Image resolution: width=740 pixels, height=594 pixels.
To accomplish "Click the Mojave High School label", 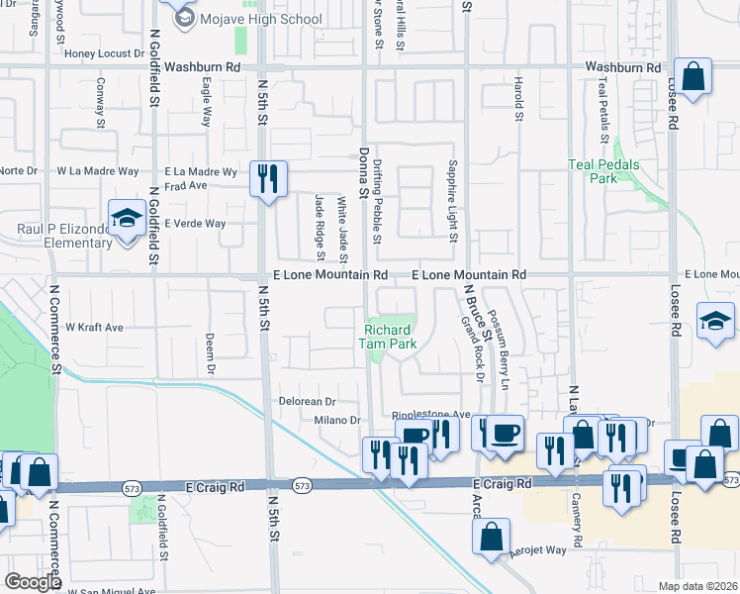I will [x=261, y=19].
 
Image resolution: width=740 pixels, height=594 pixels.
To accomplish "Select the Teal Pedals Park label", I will [x=603, y=171].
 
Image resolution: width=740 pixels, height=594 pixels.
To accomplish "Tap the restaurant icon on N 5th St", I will [x=268, y=178].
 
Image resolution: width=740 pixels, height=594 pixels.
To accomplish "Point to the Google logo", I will [x=33, y=582].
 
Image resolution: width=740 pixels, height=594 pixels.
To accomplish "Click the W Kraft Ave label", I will [x=94, y=327].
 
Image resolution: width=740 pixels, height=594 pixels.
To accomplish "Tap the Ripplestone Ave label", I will [x=431, y=415].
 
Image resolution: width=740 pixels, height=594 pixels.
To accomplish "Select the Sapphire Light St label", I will [x=452, y=201].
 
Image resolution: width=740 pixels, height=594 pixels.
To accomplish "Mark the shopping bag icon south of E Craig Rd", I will [x=492, y=537].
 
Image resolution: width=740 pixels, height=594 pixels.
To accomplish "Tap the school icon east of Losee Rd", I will [x=715, y=321].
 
